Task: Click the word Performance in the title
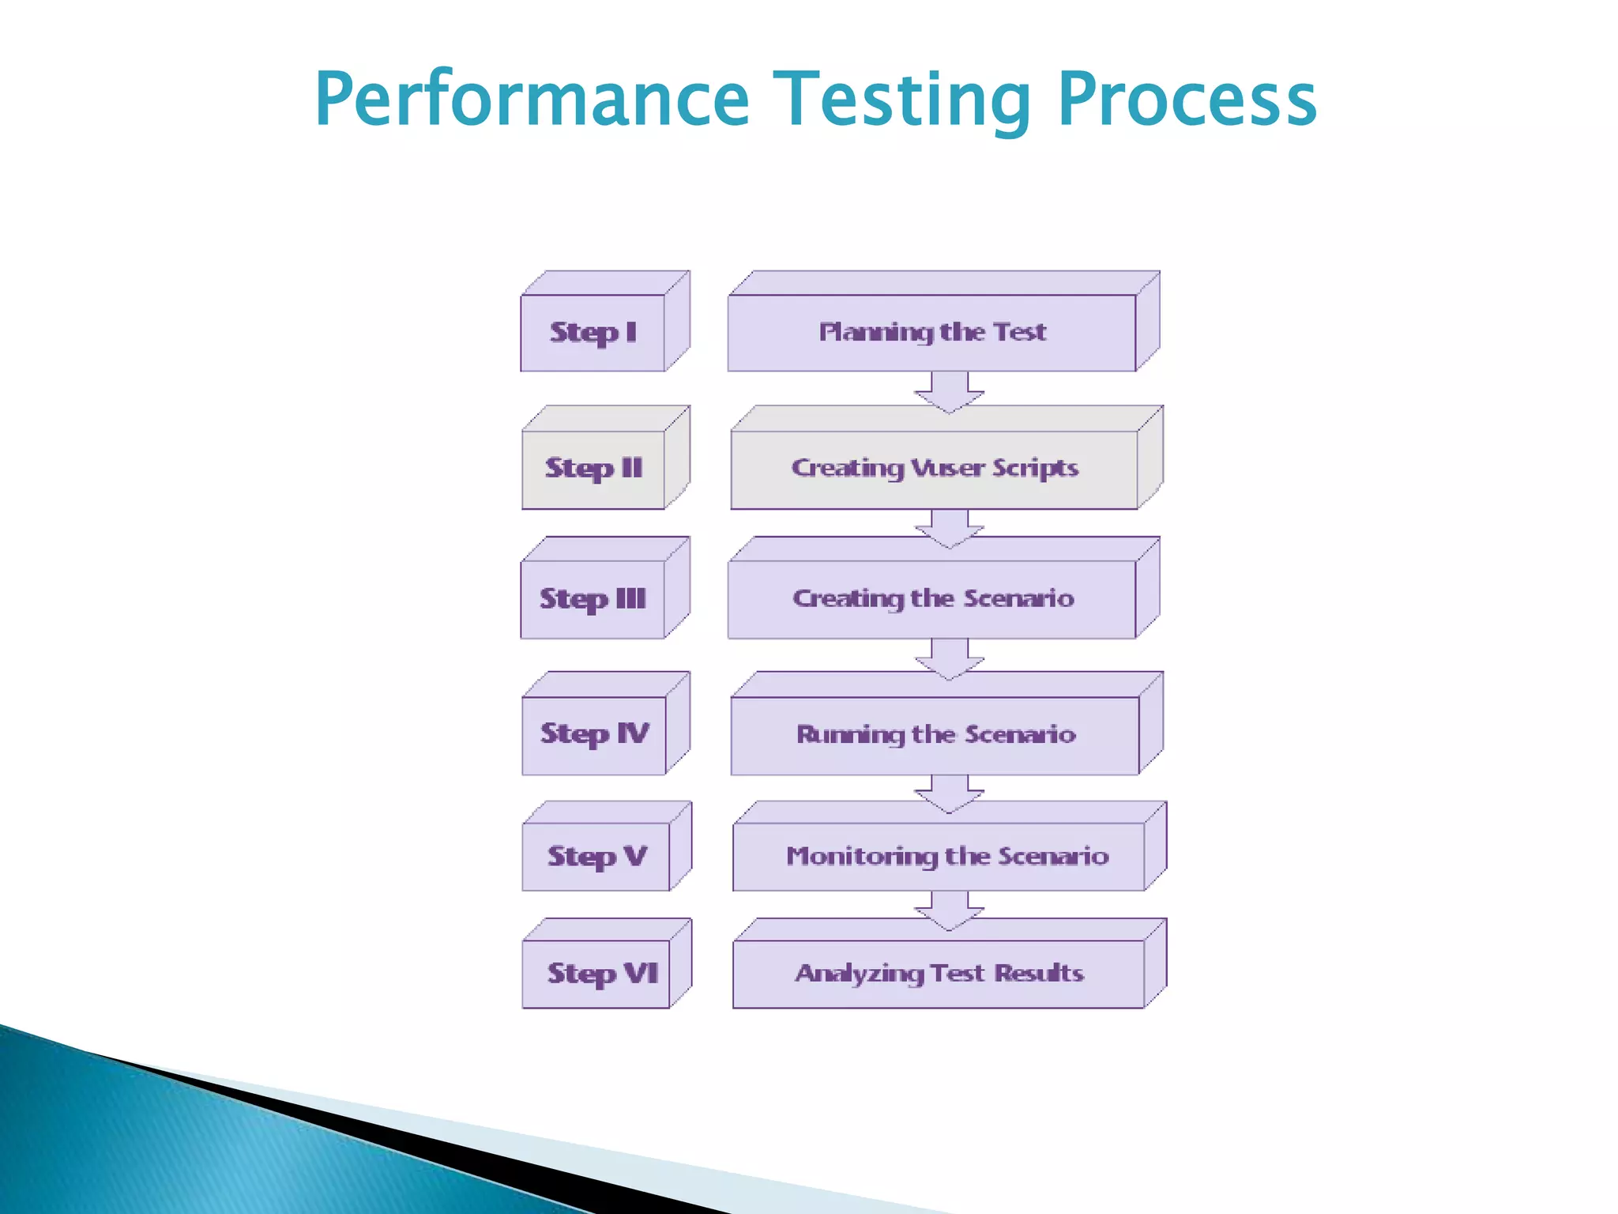pyautogui.click(x=532, y=100)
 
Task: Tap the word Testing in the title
pyautogui.click(x=901, y=100)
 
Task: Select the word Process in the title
pyautogui.click(x=1187, y=100)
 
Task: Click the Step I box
pyautogui.click(x=593, y=332)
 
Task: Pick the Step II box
pyautogui.click(x=593, y=468)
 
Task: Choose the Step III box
pyautogui.click(x=593, y=598)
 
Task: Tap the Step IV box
pyautogui.click(x=594, y=734)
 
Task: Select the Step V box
pyautogui.click(x=596, y=856)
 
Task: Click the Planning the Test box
pyautogui.click(x=932, y=332)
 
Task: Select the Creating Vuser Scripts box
pyautogui.click(x=935, y=468)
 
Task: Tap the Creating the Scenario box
pyautogui.click(x=932, y=598)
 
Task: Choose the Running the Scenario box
pyautogui.click(x=935, y=734)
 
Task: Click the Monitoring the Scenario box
pyautogui.click(x=946, y=856)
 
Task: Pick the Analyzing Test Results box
pyautogui.click(x=939, y=973)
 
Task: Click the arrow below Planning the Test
pyautogui.click(x=949, y=391)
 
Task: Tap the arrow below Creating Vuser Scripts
pyautogui.click(x=949, y=527)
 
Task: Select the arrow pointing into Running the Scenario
pyautogui.click(x=949, y=658)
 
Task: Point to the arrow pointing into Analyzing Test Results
pyautogui.click(x=949, y=909)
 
